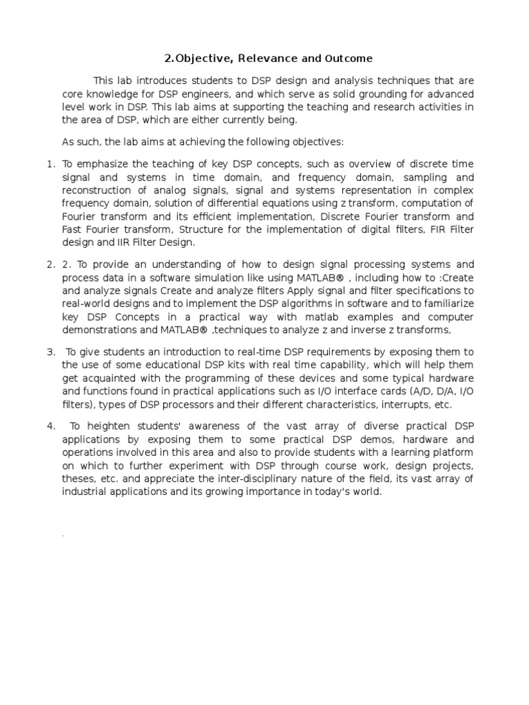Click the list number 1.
[x=50, y=165]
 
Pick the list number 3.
[x=50, y=352]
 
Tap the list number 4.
[x=50, y=426]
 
